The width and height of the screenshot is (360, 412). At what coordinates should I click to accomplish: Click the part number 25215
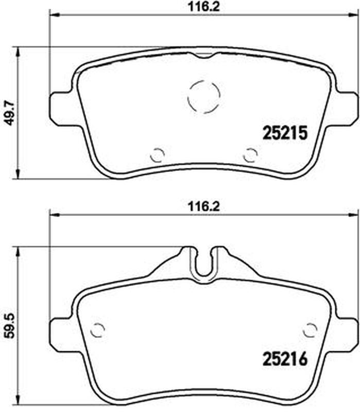click(x=285, y=133)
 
